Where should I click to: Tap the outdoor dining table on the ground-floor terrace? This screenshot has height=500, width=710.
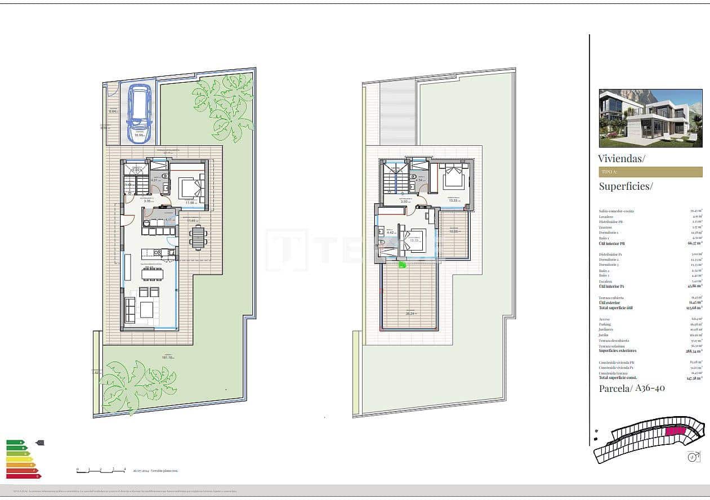coord(198,237)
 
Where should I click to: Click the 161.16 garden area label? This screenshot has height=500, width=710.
coord(167,358)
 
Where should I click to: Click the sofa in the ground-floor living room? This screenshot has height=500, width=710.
coord(130,310)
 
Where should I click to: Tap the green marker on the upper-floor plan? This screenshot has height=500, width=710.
coord(402,264)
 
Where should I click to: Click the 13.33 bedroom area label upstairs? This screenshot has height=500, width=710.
coord(453,200)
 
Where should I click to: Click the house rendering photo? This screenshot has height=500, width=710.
coord(650,118)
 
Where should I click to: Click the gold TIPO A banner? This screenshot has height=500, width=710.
coord(650,172)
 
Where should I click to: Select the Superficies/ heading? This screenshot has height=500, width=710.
coord(626,186)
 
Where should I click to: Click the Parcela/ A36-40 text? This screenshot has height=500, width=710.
coord(632,388)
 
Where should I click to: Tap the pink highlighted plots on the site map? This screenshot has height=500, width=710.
coord(675,431)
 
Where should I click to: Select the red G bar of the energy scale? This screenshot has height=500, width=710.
coord(23,476)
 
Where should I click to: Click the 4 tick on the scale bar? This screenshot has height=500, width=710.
coord(124,469)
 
